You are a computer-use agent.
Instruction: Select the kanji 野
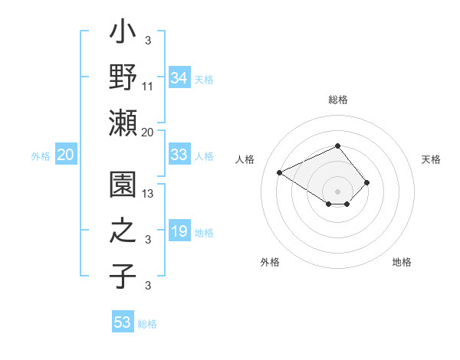(123, 78)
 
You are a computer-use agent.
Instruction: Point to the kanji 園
(123, 186)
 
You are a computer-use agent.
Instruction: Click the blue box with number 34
(179, 77)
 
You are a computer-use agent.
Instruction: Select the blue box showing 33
(179, 155)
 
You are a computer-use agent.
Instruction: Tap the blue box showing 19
(179, 231)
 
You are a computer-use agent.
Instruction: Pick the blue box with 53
(123, 322)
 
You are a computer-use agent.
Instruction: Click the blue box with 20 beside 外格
(65, 155)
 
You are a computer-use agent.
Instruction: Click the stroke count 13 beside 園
(148, 195)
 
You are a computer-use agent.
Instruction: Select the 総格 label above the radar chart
(337, 100)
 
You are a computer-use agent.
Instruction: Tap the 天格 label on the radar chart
(431, 159)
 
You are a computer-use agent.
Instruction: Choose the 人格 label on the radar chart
(245, 159)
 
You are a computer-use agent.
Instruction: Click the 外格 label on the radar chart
(269, 262)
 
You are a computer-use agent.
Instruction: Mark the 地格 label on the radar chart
(402, 262)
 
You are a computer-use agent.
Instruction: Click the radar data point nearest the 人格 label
(280, 172)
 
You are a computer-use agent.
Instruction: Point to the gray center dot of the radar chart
(337, 191)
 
